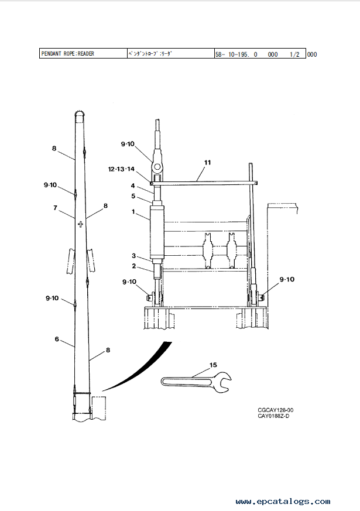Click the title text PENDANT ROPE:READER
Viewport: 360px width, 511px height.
[x=67, y=54]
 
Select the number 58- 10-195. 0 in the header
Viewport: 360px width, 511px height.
[x=236, y=54]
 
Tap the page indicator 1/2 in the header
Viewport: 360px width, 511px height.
[x=294, y=54]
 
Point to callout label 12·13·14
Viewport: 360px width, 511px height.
[x=121, y=169]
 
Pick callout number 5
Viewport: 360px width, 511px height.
[x=133, y=196]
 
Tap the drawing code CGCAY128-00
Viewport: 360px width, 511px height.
[x=276, y=410]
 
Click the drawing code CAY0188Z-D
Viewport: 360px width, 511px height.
[x=274, y=416]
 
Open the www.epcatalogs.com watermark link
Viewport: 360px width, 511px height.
[x=283, y=501]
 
